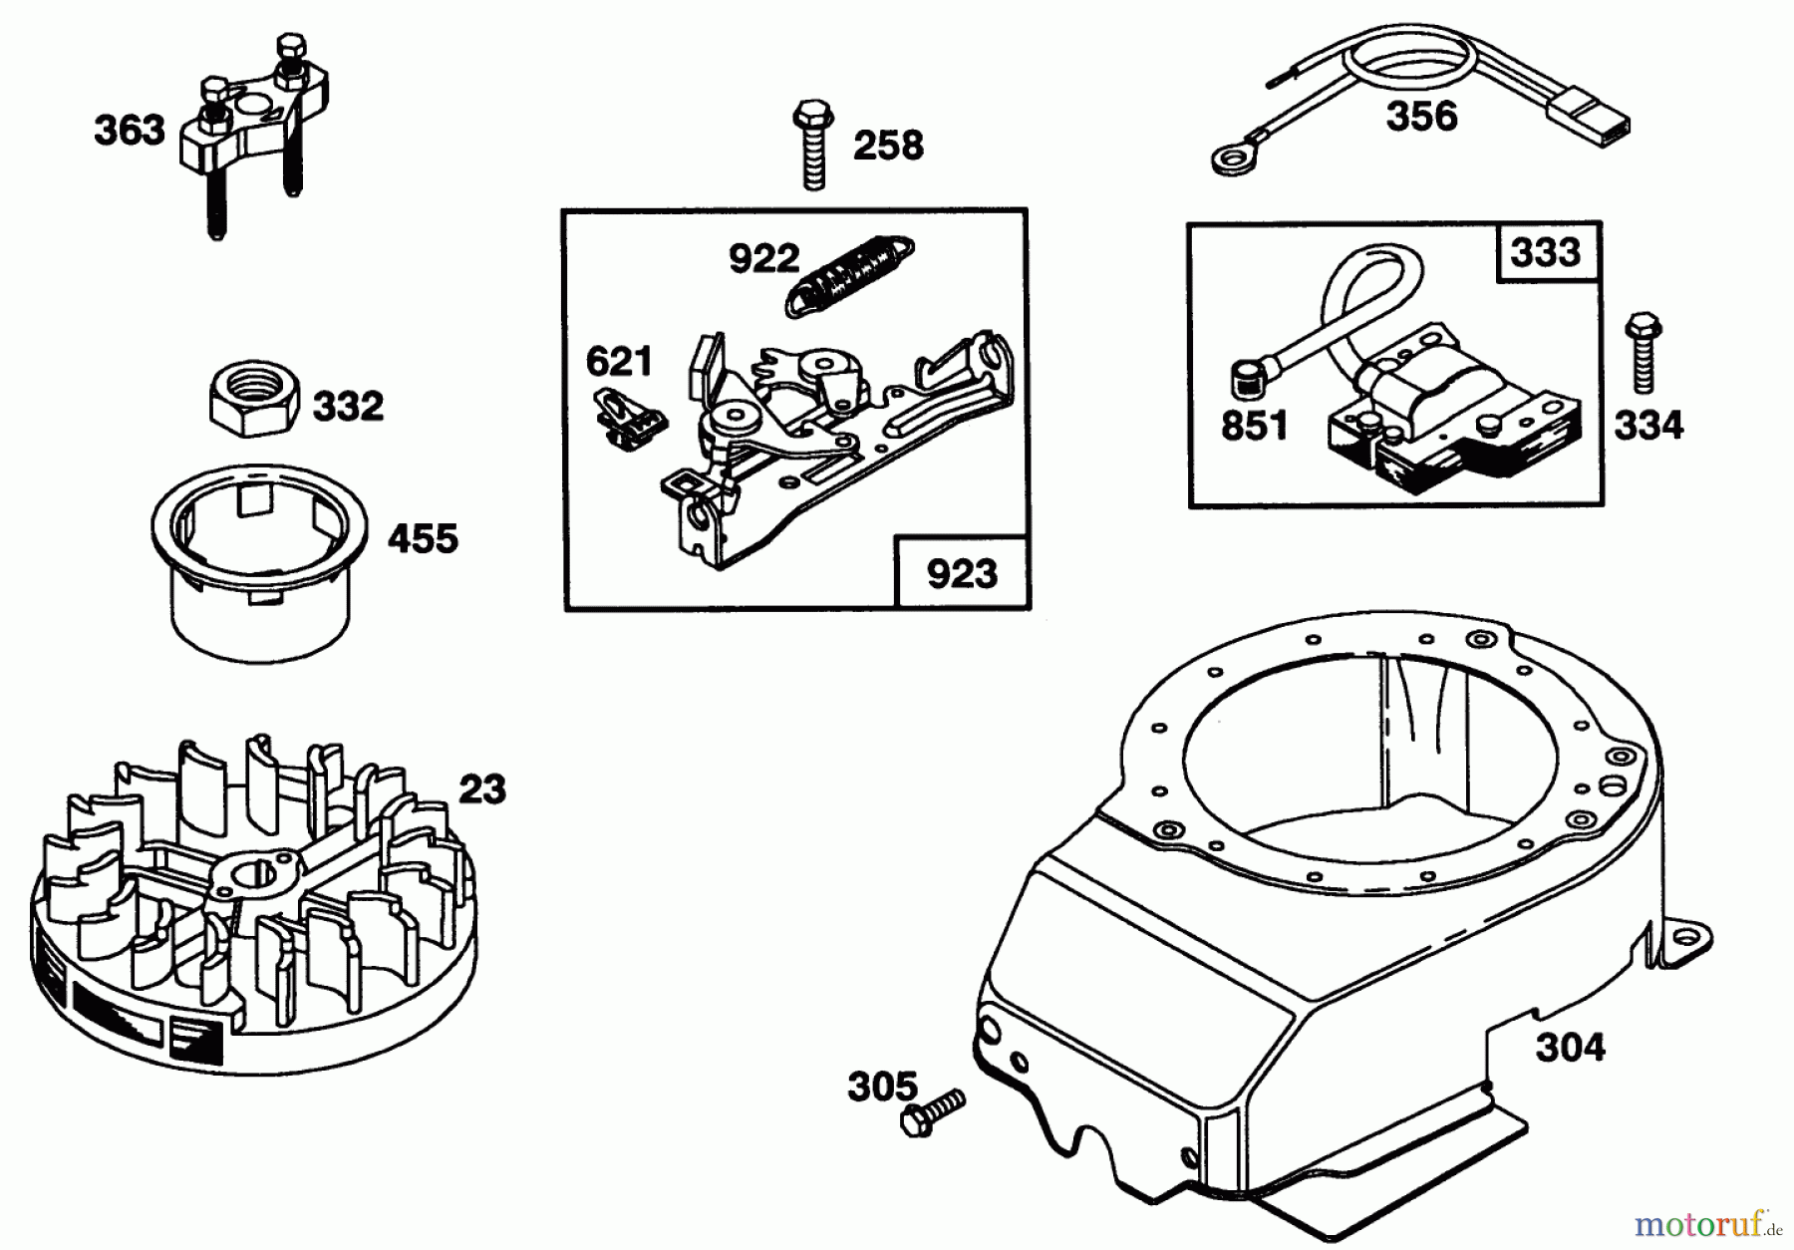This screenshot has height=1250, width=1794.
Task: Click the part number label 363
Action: [x=130, y=132]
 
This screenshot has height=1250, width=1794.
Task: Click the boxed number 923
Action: [x=962, y=575]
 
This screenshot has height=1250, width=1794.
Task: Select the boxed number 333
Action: [x=1546, y=252]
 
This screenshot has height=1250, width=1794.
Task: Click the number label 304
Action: [x=1570, y=1048]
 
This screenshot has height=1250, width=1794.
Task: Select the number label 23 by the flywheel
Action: [x=481, y=789]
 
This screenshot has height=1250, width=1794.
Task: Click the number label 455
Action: [x=423, y=539]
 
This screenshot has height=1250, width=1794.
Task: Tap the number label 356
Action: [x=1421, y=117]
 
